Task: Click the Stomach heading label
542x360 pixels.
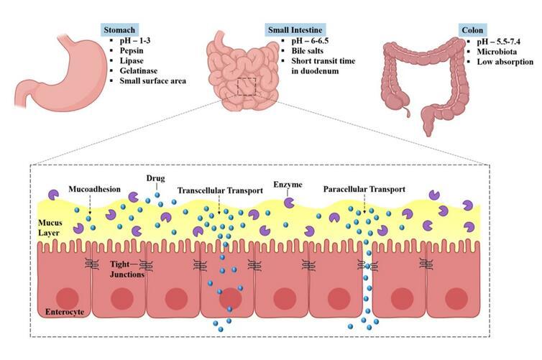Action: [x=120, y=30]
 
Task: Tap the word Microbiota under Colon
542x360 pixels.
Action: [x=493, y=51]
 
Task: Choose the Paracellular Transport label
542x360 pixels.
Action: [x=364, y=190]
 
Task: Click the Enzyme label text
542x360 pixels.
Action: [x=288, y=185]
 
